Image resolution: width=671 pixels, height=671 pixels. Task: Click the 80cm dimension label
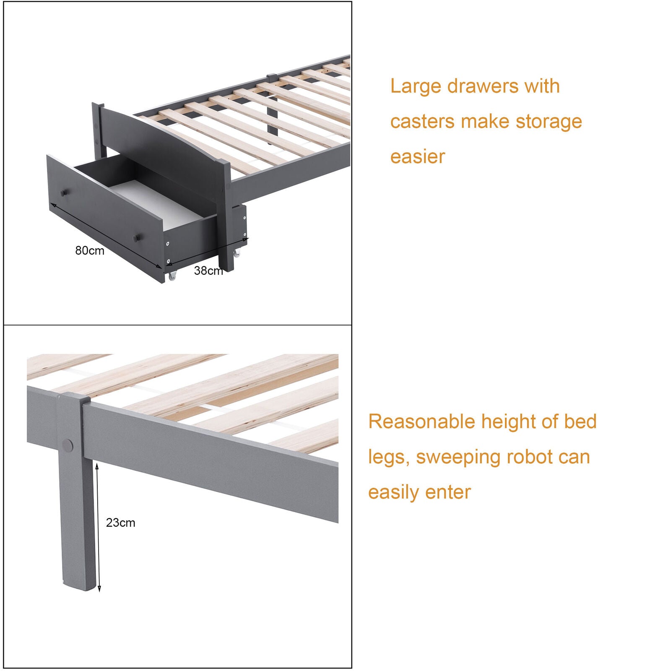(90, 250)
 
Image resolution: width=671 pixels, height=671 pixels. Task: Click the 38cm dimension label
(208, 270)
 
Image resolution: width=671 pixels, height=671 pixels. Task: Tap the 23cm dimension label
(120, 523)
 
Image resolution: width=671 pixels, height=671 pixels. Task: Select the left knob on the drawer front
(64, 193)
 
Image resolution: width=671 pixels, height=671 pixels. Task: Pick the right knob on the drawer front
(136, 238)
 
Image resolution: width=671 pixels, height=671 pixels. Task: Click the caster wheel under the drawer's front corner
(172, 276)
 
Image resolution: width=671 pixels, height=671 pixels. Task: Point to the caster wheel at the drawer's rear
(237, 253)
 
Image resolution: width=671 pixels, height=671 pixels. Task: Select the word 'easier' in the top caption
(417, 157)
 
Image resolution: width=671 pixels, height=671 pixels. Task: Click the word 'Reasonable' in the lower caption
(421, 421)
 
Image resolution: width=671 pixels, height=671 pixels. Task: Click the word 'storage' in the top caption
(549, 122)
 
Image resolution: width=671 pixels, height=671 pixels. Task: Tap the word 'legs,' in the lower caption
(389, 458)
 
